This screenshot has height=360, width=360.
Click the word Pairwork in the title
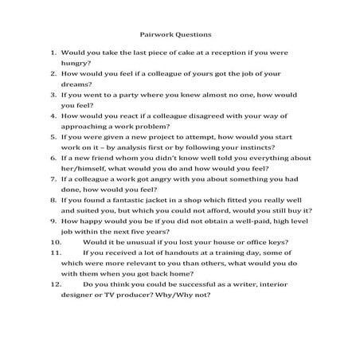[x=155, y=34]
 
